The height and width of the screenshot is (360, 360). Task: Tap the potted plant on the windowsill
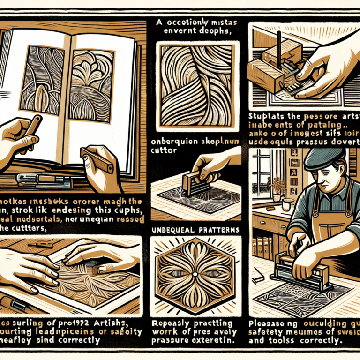[x=278, y=185]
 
